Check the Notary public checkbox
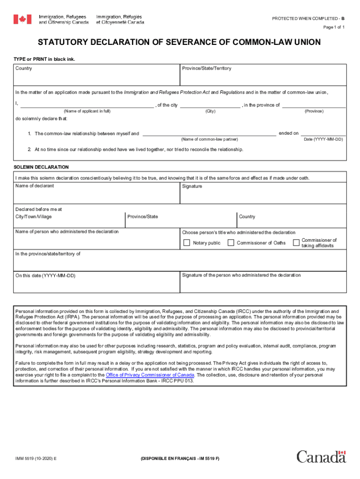click(x=187, y=243)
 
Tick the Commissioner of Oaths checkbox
click(x=230, y=243)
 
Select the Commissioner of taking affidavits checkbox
click(x=296, y=242)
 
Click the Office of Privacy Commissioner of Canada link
click(x=150, y=375)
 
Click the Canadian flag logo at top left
click(x=22, y=19)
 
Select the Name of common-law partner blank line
click(x=209, y=134)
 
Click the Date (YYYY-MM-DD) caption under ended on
click(x=324, y=139)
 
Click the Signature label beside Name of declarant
click(x=192, y=186)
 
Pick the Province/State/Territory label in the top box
click(x=207, y=69)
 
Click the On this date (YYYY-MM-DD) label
click(x=45, y=276)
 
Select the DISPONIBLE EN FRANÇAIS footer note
click(x=180, y=459)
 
